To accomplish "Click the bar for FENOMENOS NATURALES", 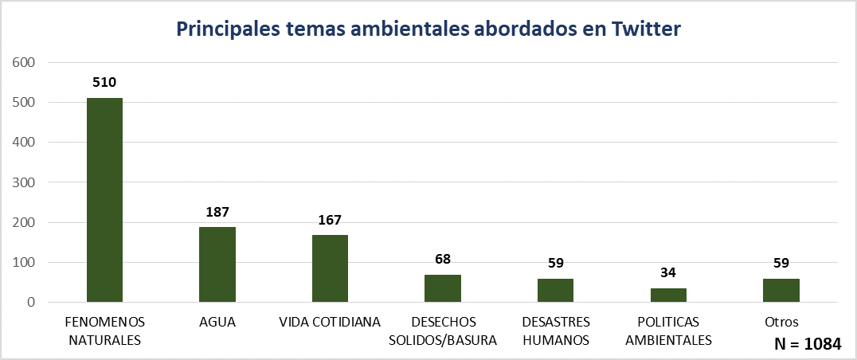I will [x=104, y=200].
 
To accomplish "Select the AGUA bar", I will [x=217, y=264].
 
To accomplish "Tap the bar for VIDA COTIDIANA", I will [x=330, y=268].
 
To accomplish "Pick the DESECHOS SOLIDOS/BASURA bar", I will [x=443, y=288].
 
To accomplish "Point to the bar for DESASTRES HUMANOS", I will [x=555, y=290].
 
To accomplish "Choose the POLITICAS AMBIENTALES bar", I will [x=668, y=295].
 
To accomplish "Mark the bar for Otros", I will [x=781, y=290].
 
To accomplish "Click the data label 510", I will [x=104, y=82].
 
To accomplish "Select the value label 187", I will [x=217, y=212].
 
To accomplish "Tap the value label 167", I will [x=330, y=220].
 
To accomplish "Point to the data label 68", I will [x=443, y=259].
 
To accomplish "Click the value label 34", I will [x=668, y=273].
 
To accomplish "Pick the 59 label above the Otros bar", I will [x=781, y=263].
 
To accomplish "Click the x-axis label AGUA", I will [x=217, y=323].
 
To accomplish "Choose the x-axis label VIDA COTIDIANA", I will [x=330, y=323].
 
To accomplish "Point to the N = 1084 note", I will [x=807, y=344].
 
